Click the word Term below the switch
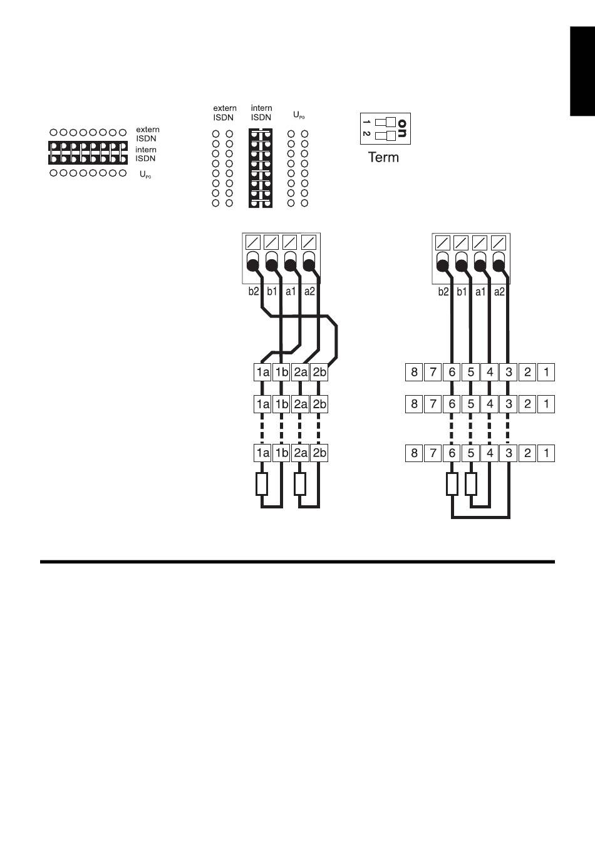[x=383, y=157]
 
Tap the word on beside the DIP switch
[x=403, y=128]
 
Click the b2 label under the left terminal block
[x=253, y=292]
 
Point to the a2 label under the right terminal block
[x=499, y=292]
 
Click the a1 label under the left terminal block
[x=291, y=292]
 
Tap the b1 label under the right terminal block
[x=462, y=292]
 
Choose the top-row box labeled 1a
[x=262, y=372]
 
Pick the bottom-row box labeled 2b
[x=319, y=453]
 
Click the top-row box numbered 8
[x=414, y=372]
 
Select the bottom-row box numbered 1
[x=546, y=453]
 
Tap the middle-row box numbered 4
[x=490, y=404]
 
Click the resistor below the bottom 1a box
[x=262, y=484]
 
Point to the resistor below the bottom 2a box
[x=300, y=484]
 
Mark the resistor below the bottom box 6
[x=452, y=484]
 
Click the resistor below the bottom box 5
[x=471, y=484]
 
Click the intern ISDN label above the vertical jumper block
[x=261, y=113]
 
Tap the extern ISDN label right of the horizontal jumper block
[x=147, y=134]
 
